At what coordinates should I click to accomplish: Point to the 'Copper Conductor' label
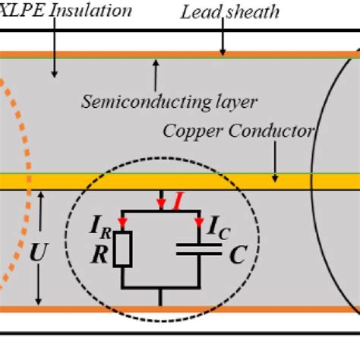[238, 131]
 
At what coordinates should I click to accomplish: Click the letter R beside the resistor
[99, 254]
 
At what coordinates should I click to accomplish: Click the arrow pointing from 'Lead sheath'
[223, 38]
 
